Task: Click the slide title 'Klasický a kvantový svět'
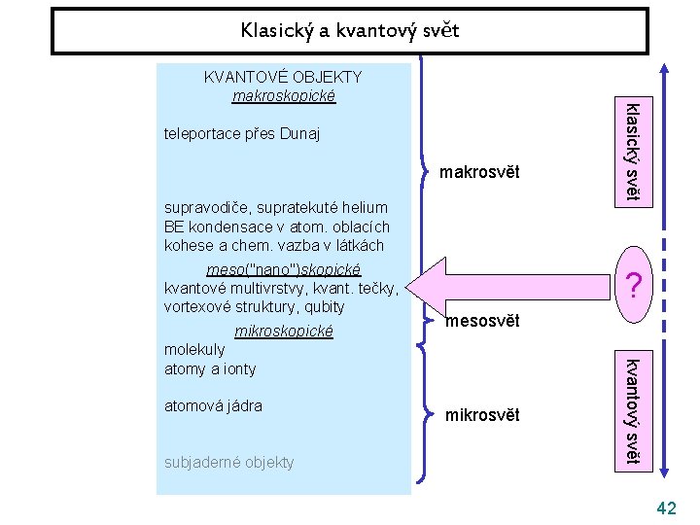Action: coord(350,31)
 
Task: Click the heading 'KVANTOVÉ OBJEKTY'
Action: coord(282,77)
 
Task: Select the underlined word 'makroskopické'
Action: coord(283,95)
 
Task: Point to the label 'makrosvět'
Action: coord(479,173)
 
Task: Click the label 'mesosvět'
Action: coord(483,321)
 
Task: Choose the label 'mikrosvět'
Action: coord(482,415)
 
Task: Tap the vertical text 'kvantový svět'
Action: coord(632,410)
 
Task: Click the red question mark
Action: coord(633,286)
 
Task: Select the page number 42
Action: coord(666,507)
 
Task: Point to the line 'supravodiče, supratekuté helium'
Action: coord(276,207)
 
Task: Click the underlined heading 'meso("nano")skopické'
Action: coord(284,268)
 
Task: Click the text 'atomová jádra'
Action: coord(213,405)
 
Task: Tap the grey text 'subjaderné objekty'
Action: coord(228,462)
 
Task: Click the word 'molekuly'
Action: coord(194,349)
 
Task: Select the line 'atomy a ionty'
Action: coord(210,368)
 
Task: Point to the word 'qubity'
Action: coord(323,306)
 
